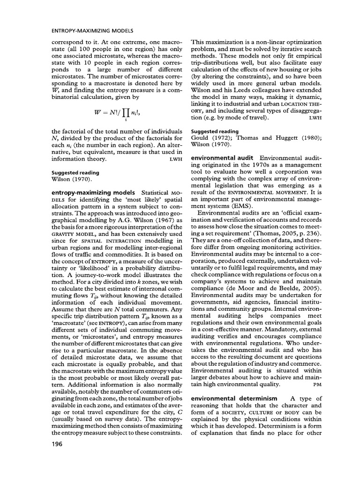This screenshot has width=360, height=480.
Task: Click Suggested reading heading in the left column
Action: [70, 172]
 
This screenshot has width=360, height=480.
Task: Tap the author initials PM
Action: [317, 384]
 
